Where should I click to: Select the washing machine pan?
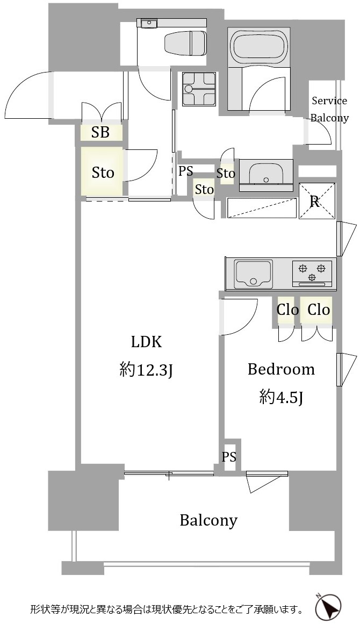(199, 89)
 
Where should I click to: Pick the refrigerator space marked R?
(316, 201)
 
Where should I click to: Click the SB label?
(100, 133)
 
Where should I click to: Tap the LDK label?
(146, 342)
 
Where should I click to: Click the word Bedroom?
(280, 369)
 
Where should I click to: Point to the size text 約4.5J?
(281, 397)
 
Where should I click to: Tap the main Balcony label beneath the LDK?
(208, 520)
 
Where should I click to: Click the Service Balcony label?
(330, 109)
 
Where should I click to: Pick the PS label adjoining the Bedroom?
(229, 457)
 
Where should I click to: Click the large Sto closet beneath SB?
(102, 173)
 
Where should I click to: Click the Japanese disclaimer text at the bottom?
(167, 610)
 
